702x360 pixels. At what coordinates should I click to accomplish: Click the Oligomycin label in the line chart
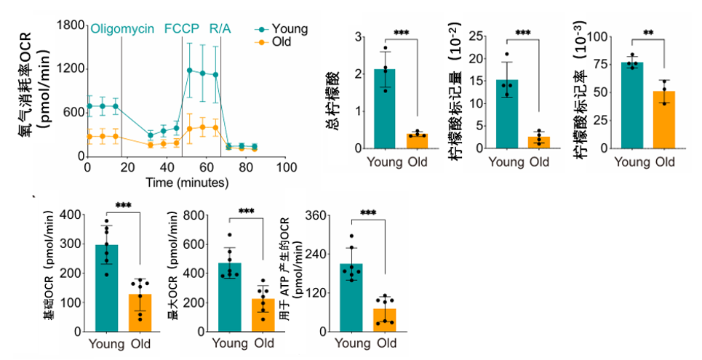(122, 28)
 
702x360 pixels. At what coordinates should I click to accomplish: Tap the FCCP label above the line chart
(180, 28)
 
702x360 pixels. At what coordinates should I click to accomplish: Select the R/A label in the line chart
(220, 28)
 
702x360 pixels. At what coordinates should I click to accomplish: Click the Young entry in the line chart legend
(290, 28)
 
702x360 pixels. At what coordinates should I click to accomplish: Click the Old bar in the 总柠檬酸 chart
(417, 141)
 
